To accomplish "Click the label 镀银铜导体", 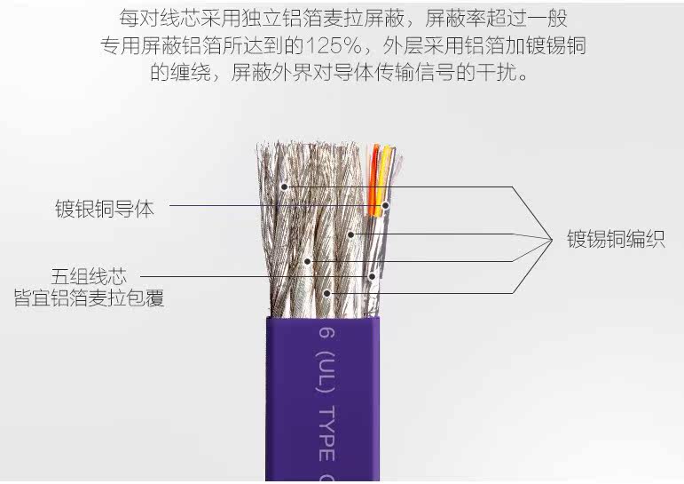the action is [104, 210].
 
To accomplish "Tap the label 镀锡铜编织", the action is [616, 240].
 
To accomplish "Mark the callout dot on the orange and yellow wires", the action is [386, 206].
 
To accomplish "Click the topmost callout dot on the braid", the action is [285, 186].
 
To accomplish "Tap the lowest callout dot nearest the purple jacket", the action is [327, 292].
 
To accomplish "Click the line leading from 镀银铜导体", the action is [266, 207].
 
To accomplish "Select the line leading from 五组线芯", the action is [213, 276].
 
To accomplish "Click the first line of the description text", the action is [342, 17].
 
